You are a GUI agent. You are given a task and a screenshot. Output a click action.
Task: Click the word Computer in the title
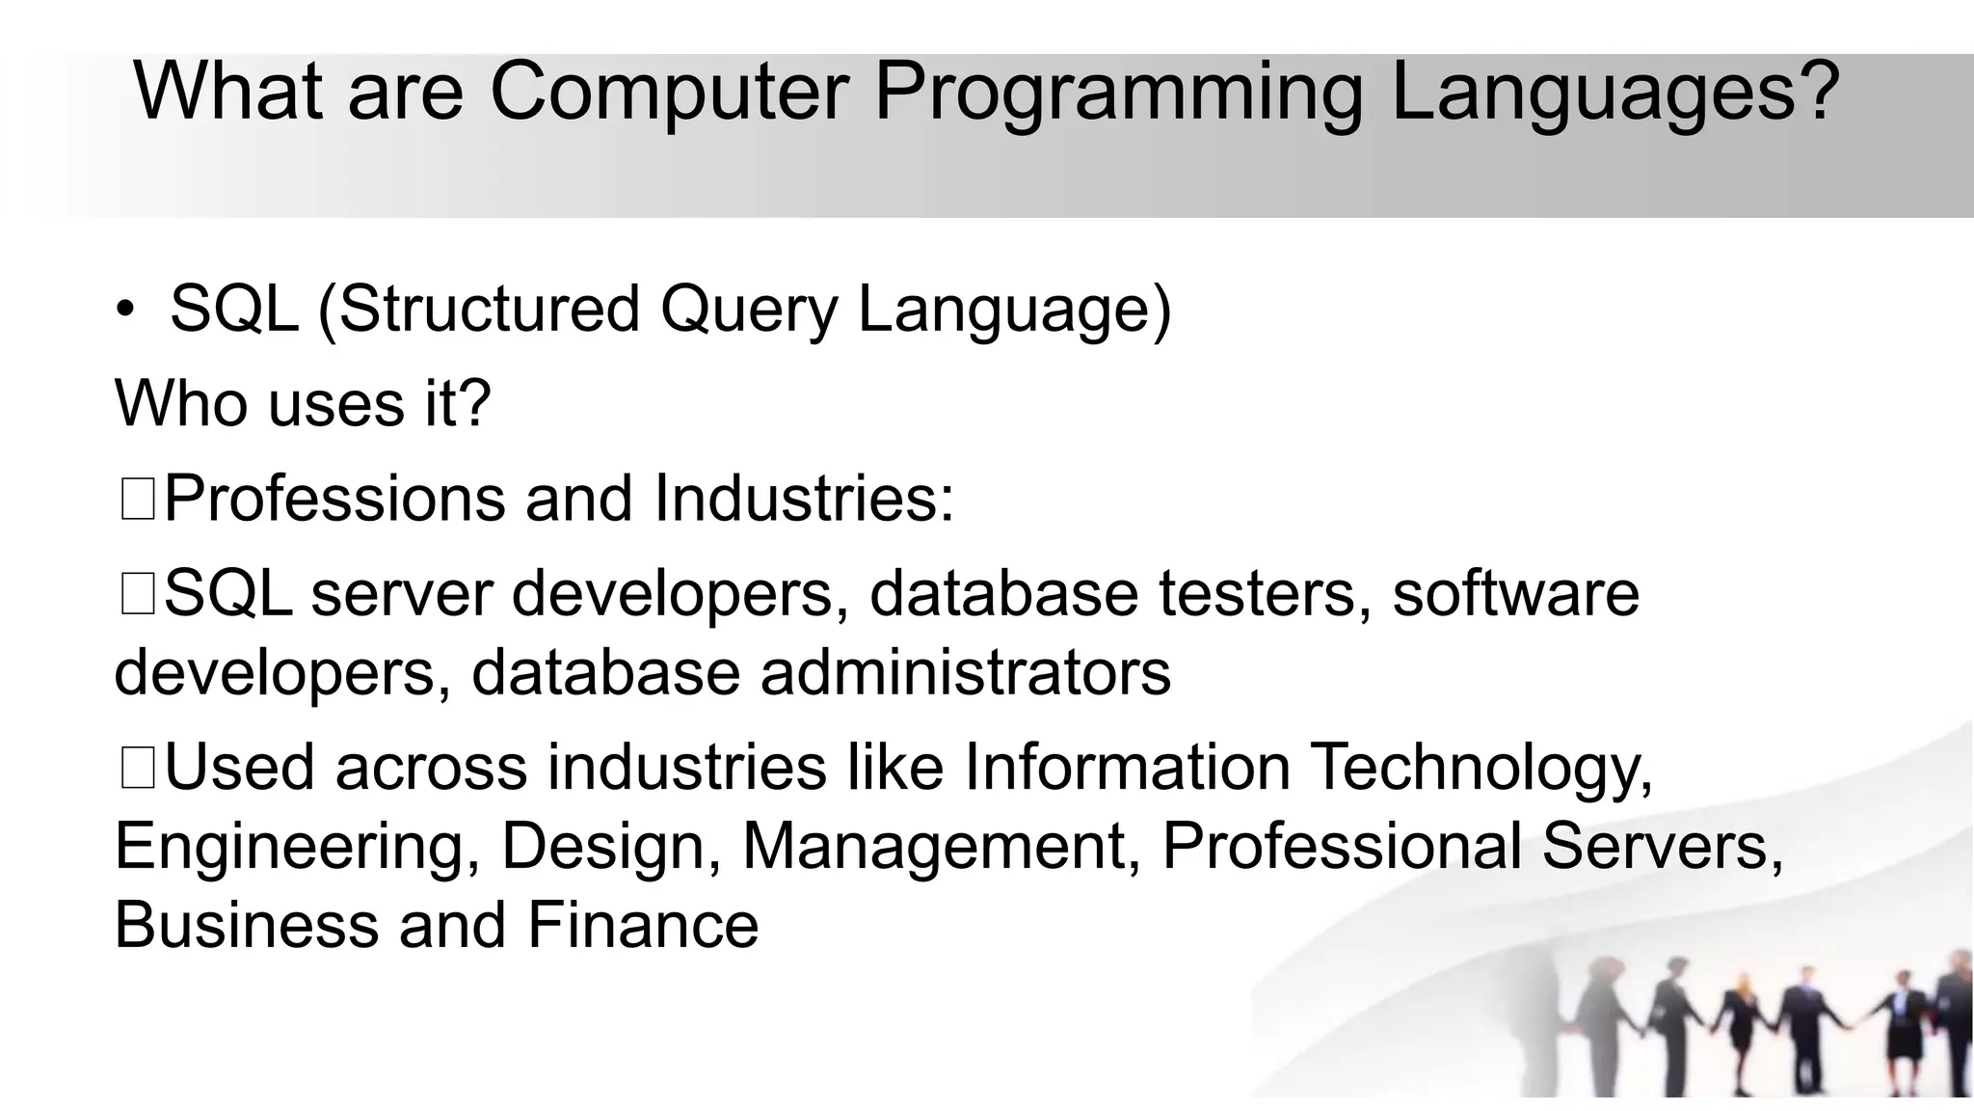(669, 92)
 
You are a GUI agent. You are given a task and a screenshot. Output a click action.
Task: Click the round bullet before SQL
(125, 311)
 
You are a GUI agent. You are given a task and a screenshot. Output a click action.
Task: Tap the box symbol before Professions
(137, 501)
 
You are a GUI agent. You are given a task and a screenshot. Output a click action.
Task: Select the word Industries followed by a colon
(803, 499)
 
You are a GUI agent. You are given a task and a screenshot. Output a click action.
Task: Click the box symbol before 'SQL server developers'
(137, 594)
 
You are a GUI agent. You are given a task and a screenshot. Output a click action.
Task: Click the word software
(1515, 593)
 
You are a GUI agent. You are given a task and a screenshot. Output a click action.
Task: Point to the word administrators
(965, 672)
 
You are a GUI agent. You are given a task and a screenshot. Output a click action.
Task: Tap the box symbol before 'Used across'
(137, 770)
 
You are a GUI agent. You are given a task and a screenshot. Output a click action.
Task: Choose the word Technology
(1481, 770)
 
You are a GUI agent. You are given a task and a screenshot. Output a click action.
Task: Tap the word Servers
(1662, 846)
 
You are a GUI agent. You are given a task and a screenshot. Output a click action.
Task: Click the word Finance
(643, 925)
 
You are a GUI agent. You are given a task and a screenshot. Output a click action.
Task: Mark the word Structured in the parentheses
(489, 311)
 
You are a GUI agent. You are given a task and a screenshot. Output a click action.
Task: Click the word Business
(246, 925)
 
